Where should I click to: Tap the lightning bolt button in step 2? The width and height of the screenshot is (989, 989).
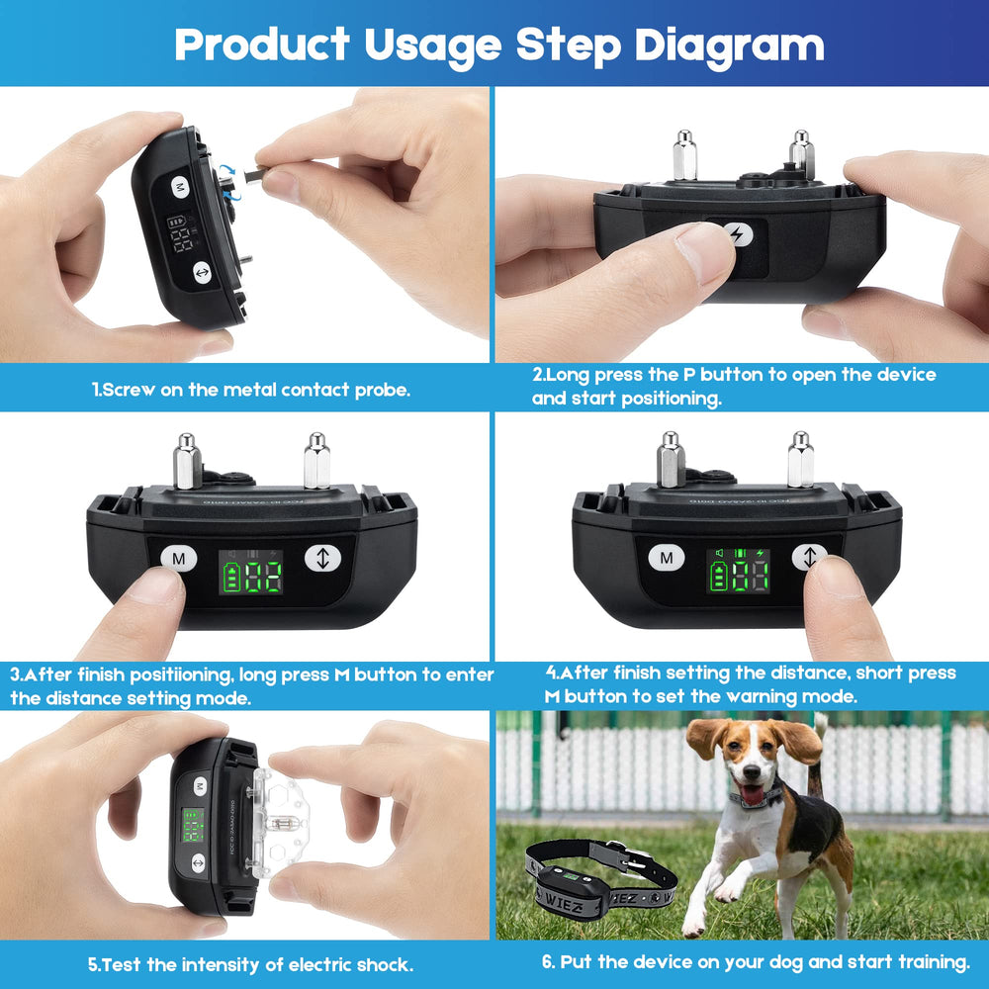pyautogui.click(x=737, y=234)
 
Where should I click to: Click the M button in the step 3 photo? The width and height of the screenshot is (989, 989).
pyautogui.click(x=179, y=559)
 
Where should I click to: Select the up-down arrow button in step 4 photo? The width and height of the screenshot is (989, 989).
pyautogui.click(x=810, y=557)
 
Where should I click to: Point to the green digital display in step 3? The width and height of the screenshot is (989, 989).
pyautogui.click(x=250, y=572)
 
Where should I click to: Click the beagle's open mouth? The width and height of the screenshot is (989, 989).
pyautogui.click(x=754, y=793)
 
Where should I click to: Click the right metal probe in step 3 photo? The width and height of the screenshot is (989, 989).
pyautogui.click(x=316, y=461)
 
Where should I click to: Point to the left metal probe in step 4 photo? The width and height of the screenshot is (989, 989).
pyautogui.click(x=671, y=460)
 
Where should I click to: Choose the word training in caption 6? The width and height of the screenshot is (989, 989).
pyautogui.click(x=930, y=962)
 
